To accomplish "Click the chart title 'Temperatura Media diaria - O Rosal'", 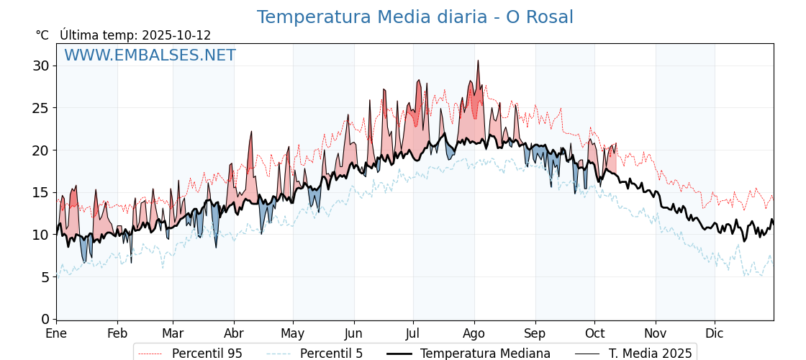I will point(415,17).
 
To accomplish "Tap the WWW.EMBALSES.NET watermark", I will point(150,55).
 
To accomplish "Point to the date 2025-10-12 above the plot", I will point(176,35).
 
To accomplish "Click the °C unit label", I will point(42,35).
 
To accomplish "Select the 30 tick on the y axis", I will point(41,66).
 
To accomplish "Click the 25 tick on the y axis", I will point(41,108).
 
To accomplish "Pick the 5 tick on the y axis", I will point(45,277).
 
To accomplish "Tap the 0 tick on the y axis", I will point(45,319).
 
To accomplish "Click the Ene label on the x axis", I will point(56,334).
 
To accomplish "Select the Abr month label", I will point(234,334).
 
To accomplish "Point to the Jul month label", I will point(413,334).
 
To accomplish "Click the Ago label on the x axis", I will point(474,334).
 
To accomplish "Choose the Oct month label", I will point(594,334).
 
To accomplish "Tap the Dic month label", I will point(715,334).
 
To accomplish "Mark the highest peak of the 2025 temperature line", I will point(477,60).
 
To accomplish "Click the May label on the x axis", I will point(293,334).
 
